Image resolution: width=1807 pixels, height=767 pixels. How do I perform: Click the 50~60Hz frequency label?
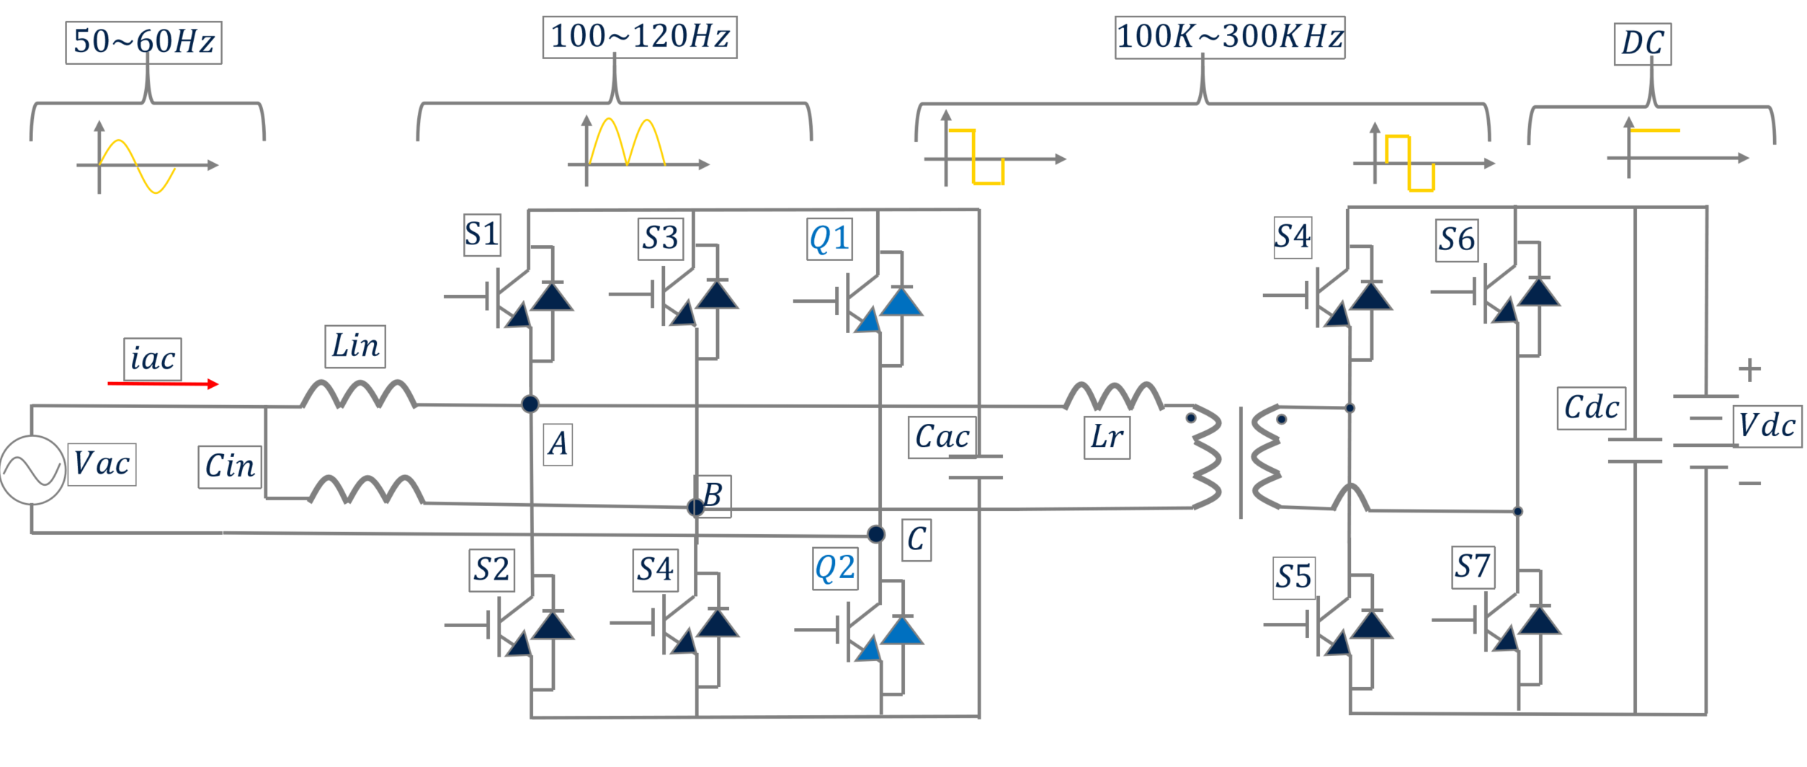point(143,43)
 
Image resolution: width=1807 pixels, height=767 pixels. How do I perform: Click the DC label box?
point(1642,44)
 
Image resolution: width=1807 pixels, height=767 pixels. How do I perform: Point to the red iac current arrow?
point(163,384)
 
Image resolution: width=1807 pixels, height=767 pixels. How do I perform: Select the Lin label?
point(354,347)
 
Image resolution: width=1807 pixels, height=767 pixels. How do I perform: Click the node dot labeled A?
point(530,404)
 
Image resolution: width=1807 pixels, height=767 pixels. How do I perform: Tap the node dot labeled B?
point(695,507)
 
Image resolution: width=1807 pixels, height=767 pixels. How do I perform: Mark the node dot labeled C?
point(875,534)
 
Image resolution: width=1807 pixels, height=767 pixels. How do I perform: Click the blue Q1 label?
point(829,239)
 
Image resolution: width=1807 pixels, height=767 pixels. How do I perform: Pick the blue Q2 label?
point(834,569)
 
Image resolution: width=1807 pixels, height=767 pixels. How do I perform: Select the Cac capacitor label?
point(942,438)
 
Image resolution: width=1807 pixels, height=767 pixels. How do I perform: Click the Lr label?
point(1107,438)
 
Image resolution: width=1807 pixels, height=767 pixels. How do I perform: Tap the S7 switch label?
point(1472,567)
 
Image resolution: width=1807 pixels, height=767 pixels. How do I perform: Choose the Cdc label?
point(1591,409)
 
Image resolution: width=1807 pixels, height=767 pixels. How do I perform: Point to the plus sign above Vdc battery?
point(1749,370)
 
